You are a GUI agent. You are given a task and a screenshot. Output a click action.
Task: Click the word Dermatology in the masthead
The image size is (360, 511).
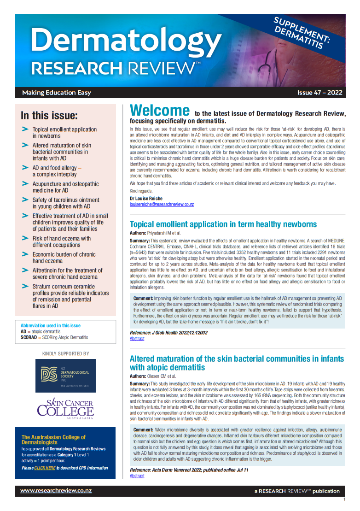[x=126, y=41]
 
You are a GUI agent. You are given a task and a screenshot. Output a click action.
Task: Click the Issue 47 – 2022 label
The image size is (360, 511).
[x=319, y=93]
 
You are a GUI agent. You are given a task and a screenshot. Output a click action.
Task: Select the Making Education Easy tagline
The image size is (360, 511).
[x=57, y=93]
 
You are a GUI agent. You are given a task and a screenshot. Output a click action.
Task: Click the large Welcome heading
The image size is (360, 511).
[x=159, y=111]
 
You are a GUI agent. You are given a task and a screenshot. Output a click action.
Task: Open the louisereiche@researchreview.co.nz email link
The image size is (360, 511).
[x=162, y=204]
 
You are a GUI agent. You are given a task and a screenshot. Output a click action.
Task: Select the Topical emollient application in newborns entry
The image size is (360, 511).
[x=64, y=133]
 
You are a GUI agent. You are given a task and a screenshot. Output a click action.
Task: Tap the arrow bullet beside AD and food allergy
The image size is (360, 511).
[x=25, y=167]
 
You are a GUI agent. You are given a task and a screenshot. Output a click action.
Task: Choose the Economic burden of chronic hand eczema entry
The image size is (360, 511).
[x=64, y=258]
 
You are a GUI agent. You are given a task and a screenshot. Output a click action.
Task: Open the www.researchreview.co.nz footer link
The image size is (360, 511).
[x=56, y=491]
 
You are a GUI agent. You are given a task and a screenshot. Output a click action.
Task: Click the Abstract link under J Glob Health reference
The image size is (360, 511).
[x=137, y=339]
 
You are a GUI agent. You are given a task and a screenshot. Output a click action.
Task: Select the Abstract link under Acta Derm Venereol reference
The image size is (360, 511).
[x=137, y=476]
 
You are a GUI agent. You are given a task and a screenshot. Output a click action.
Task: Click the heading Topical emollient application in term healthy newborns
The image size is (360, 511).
[x=223, y=224]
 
